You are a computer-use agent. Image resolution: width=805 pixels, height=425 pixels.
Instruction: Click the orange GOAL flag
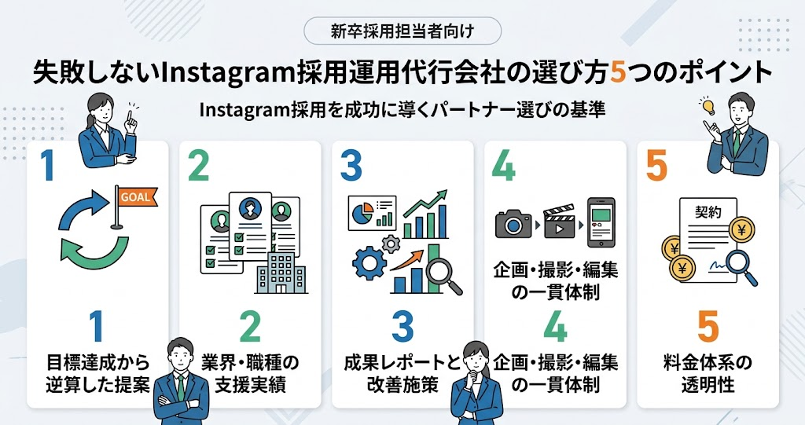point(137,197)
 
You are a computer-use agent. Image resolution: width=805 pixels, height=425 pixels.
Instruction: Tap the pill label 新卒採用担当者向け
point(402,31)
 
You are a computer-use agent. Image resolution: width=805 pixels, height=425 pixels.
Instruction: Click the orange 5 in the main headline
point(619,73)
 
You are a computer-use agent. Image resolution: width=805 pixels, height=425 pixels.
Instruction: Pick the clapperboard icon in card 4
point(559,222)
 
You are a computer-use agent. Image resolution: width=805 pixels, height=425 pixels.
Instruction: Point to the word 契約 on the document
point(708,211)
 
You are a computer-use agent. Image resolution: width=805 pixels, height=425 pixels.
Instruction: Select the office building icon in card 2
point(281,272)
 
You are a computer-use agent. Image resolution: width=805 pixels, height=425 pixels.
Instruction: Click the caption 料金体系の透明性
point(708,373)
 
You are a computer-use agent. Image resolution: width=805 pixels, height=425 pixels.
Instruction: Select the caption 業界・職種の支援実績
point(250,373)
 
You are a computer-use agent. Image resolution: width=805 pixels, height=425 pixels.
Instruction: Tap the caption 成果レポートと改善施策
point(403,373)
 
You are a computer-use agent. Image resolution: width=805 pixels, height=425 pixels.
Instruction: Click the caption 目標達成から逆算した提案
point(97,373)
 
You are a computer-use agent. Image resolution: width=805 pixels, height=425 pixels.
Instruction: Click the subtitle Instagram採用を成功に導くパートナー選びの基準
point(402,109)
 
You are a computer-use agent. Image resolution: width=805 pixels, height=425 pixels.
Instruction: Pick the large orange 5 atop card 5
point(656,165)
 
